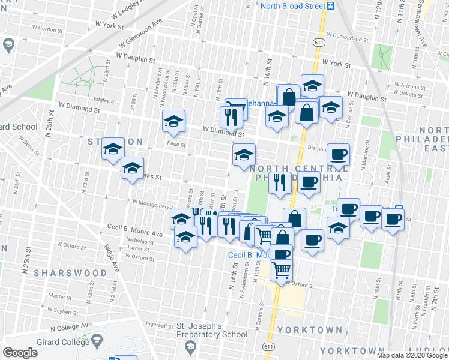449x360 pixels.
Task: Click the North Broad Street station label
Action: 292,5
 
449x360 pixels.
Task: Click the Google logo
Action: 20,353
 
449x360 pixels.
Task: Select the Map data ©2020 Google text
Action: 411,355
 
